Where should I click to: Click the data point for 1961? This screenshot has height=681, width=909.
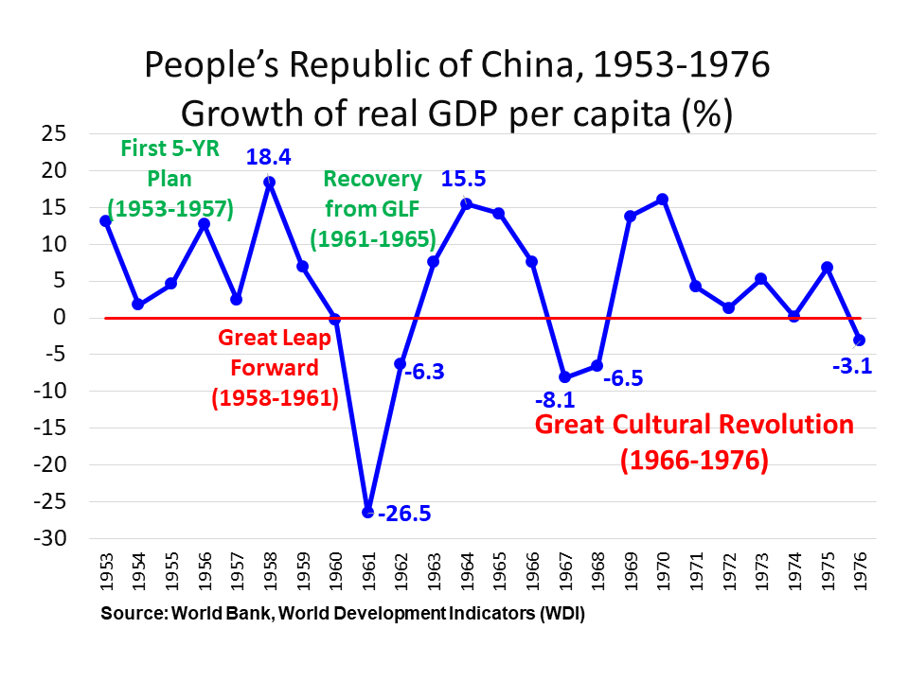(367, 512)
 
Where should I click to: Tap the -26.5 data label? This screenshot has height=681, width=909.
(404, 514)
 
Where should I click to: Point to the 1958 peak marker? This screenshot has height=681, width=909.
(269, 183)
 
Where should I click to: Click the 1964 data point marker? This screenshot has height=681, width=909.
(466, 203)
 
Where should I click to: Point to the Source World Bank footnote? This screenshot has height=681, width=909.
(343, 613)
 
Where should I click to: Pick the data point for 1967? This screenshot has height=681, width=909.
(565, 376)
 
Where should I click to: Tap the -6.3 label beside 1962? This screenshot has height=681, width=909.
(426, 372)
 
